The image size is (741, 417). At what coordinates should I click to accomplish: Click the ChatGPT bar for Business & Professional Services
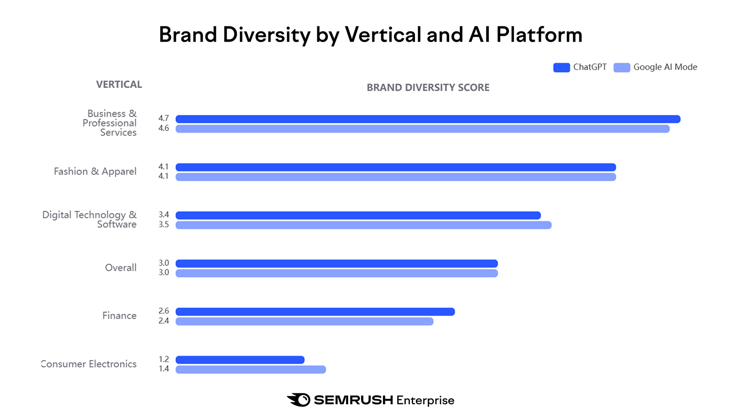tap(428, 119)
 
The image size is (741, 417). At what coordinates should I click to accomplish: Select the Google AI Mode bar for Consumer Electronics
tap(251, 369)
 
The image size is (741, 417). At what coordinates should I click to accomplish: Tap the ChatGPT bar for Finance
tap(315, 312)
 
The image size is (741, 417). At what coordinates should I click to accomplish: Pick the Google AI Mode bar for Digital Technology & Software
tap(364, 225)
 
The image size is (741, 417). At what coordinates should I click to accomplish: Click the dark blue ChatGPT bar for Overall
tap(337, 264)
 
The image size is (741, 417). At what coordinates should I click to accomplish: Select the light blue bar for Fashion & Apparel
tap(396, 177)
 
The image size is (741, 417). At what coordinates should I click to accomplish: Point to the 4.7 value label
tap(163, 119)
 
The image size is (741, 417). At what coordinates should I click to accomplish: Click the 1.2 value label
tap(163, 360)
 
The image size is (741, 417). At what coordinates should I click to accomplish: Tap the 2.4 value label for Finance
tap(163, 321)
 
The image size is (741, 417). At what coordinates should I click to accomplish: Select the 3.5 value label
tap(163, 225)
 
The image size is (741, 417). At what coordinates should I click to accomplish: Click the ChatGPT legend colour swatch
tap(561, 68)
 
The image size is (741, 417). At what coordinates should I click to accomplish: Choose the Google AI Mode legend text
tap(665, 67)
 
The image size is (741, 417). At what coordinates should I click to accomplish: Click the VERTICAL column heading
tap(119, 85)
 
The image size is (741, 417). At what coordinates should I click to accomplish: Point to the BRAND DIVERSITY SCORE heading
tap(428, 88)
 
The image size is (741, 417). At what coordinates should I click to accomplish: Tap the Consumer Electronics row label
tap(89, 364)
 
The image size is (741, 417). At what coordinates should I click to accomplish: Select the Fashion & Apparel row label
tap(95, 171)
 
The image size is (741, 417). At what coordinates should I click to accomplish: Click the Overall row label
tap(120, 268)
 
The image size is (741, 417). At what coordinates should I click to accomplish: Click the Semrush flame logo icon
tap(299, 400)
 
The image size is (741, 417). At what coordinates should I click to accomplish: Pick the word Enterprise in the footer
tap(425, 400)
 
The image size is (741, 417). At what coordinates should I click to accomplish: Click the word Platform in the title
tap(539, 35)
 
